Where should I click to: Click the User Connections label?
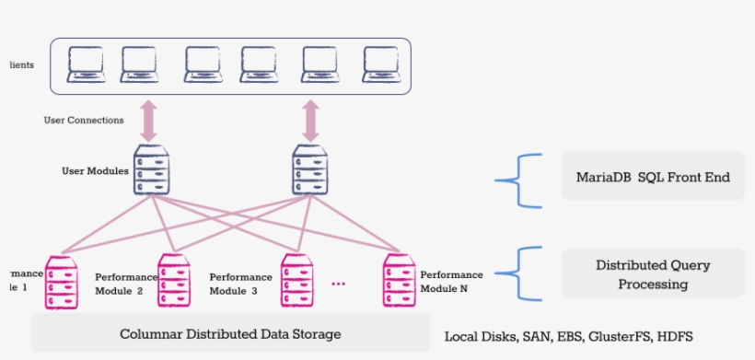click(84, 120)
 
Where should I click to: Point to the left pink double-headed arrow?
click(150, 121)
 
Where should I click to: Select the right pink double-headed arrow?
click(310, 121)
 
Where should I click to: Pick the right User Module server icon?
click(310, 169)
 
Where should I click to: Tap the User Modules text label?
click(95, 170)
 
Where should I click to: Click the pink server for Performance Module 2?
click(174, 282)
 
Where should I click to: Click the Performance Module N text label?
click(451, 282)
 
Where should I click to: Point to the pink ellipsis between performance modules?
click(338, 285)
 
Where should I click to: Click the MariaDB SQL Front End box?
click(653, 177)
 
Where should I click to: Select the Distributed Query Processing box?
click(653, 273)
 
